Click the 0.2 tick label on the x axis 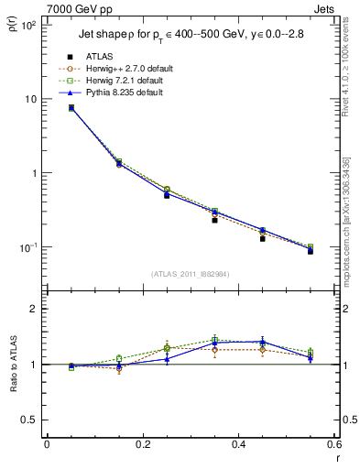[x=142, y=445]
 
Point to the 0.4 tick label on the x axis [x=238, y=445]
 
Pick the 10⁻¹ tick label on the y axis [x=28, y=248]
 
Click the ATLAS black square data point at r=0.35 [x=214, y=220]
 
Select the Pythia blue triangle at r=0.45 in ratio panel [x=262, y=342]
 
